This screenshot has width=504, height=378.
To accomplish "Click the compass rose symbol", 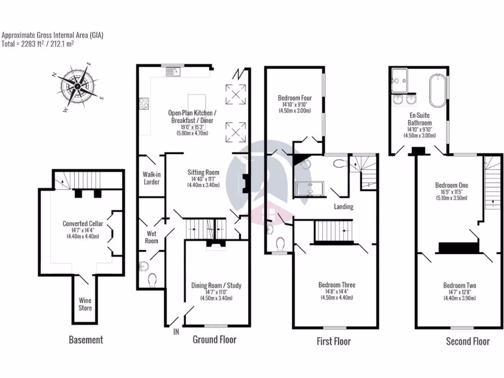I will (78, 87).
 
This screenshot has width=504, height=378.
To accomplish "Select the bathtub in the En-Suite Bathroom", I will (438, 90).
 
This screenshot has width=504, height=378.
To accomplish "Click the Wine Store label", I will (85, 304).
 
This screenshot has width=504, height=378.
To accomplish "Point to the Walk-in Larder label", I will (151, 178).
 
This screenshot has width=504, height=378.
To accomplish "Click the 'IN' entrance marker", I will (176, 332).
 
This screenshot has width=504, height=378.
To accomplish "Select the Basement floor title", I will (86, 340).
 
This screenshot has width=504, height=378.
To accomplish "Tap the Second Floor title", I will (468, 341).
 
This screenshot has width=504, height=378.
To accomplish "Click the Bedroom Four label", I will (294, 98).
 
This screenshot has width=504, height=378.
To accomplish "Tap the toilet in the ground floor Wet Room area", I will (152, 280).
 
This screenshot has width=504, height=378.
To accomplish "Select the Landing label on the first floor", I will (343, 207).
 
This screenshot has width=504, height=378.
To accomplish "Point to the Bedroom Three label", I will (337, 285).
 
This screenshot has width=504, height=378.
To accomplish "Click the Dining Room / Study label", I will (216, 285).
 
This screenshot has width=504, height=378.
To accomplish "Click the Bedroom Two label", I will (459, 285).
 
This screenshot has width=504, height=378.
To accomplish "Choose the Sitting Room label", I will (203, 173).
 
